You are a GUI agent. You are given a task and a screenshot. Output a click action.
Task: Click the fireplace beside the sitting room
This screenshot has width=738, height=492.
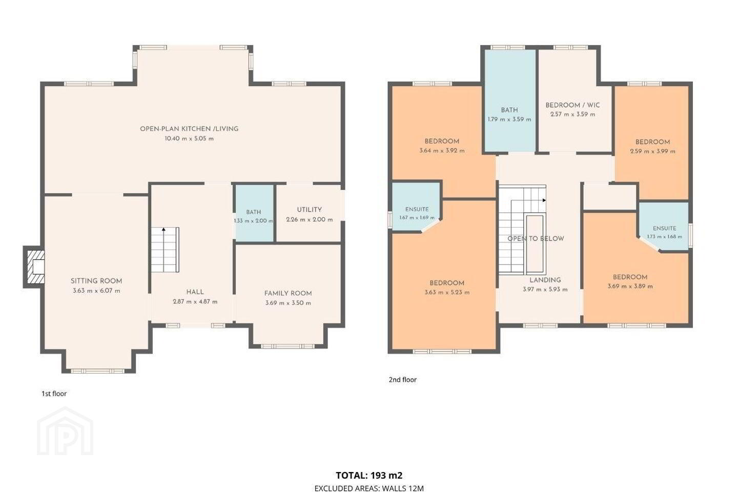pyautogui.click(x=34, y=266)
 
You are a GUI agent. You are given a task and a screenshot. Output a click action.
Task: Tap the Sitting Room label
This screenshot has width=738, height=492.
pyautogui.click(x=96, y=281)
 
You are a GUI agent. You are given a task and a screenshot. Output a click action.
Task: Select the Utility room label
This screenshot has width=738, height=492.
pyautogui.click(x=310, y=210)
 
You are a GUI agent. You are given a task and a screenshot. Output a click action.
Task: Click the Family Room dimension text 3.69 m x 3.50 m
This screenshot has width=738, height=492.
pyautogui.click(x=288, y=303)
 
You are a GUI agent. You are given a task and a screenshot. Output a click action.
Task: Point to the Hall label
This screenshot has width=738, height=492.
pyautogui.click(x=195, y=292)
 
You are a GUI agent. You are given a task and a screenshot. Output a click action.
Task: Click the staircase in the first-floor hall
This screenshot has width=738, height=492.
pyautogui.click(x=165, y=250)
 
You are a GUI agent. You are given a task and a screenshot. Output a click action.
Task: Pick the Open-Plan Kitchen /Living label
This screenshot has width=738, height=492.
pyautogui.click(x=189, y=129)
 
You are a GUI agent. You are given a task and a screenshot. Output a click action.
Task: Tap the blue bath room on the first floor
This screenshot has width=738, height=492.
pyautogui.click(x=254, y=214)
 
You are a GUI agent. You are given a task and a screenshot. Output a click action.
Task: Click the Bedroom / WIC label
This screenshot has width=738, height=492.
pyautogui.click(x=572, y=105)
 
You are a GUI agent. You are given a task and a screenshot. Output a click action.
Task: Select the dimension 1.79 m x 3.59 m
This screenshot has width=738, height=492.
pyautogui.click(x=509, y=119)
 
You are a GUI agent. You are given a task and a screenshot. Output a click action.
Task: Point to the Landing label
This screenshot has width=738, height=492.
pyautogui.click(x=545, y=280)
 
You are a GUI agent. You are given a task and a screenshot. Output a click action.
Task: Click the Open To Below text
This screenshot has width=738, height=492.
pyautogui.click(x=536, y=239)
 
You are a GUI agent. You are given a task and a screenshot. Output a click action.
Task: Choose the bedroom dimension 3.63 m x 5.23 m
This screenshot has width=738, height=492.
pyautogui.click(x=447, y=292)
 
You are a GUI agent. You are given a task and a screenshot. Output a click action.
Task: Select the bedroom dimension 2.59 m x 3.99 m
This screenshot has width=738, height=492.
pyautogui.click(x=653, y=151)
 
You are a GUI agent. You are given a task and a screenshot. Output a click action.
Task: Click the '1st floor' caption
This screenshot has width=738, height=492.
pyautogui.click(x=54, y=394)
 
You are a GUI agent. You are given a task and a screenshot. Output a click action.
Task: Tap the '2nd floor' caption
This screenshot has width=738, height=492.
pyautogui.click(x=403, y=380)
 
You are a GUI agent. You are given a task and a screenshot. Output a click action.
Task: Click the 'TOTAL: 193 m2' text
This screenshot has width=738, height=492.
pyautogui.click(x=369, y=475)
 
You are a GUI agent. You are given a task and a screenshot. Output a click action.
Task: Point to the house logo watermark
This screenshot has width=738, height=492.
pyautogui.click(x=65, y=432)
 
